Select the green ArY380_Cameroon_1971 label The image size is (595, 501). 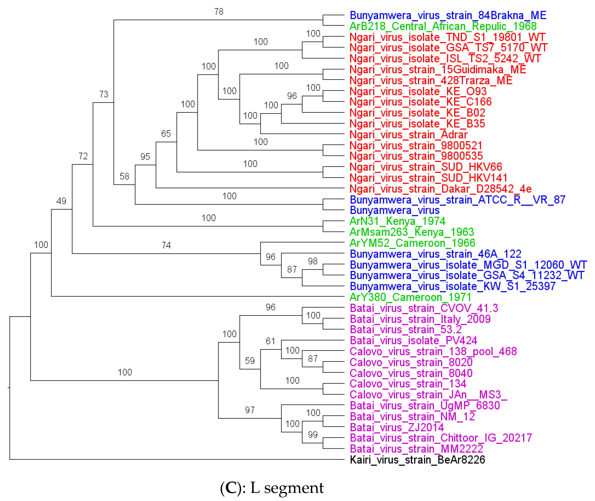click(410, 297)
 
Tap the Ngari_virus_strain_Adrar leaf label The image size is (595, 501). click(408, 135)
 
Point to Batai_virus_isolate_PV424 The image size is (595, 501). click(413, 340)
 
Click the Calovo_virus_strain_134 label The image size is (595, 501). click(408, 384)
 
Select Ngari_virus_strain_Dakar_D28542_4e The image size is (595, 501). click(440, 189)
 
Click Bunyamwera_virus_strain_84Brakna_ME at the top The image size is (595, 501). click(448, 15)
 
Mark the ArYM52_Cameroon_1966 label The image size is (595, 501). click(412, 243)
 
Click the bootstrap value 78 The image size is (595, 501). click(219, 12)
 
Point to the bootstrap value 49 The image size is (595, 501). click(61, 201)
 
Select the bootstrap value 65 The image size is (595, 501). click(166, 134)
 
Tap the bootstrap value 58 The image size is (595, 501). click(124, 176)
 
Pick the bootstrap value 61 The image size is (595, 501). click(270, 341)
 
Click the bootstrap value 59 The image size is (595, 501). click(250, 361)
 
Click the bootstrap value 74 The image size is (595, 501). click(166, 245)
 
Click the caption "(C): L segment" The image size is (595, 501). click(272, 488)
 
